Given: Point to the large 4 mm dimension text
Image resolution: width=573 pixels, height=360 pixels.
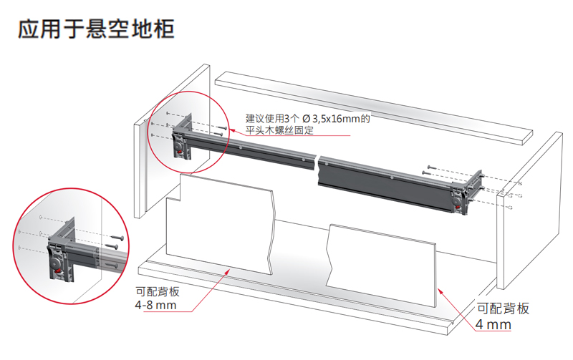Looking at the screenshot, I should click(494, 324).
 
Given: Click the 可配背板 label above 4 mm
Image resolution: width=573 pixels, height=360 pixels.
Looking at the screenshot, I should click(503, 308).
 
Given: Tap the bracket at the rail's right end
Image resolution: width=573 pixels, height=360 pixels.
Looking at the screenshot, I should click(463, 194).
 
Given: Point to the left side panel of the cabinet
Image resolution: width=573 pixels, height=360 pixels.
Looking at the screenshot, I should click(144, 172).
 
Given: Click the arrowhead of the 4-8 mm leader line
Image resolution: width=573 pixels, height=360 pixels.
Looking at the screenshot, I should click(231, 268).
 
